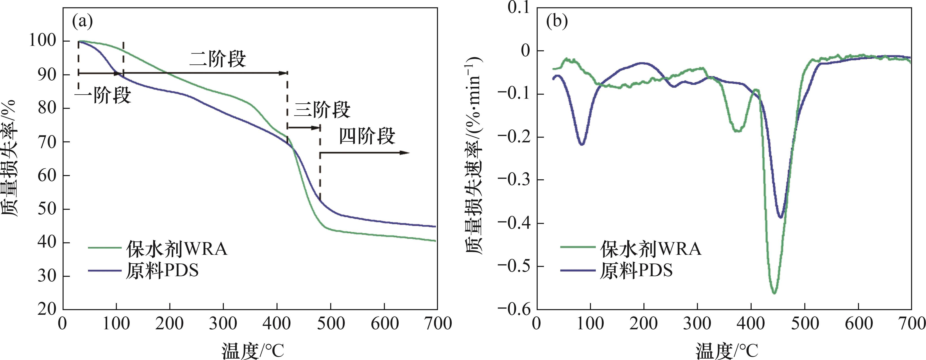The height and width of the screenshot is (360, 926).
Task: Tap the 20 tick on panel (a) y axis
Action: (x=47, y=309)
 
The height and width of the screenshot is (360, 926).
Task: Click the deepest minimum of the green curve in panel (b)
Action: (x=774, y=293)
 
